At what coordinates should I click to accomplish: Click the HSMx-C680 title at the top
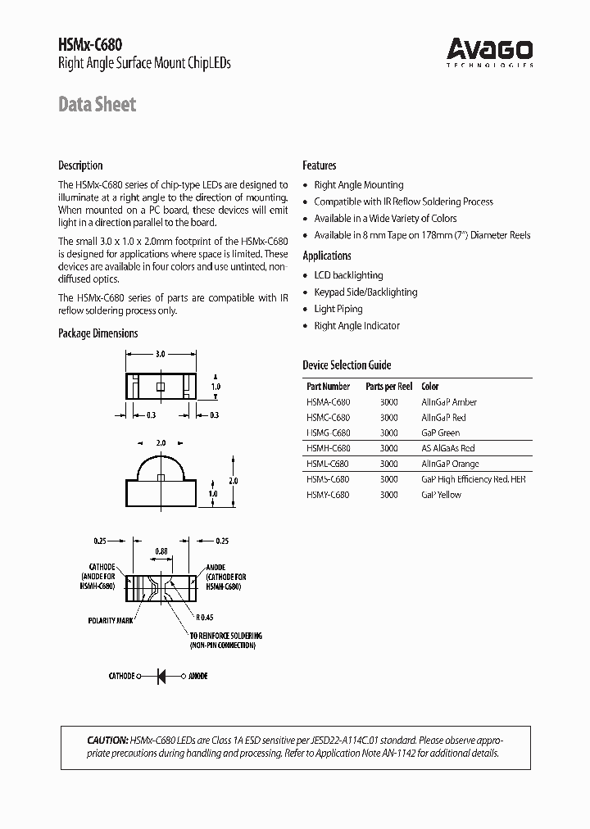click(x=90, y=47)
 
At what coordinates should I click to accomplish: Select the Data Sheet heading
click(x=97, y=104)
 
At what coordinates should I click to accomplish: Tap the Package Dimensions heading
click(x=98, y=333)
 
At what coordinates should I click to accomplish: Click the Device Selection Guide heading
click(x=347, y=365)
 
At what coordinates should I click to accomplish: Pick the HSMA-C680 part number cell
click(x=328, y=402)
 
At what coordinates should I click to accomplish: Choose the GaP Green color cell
click(x=440, y=433)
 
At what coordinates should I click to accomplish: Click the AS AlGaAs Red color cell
click(x=447, y=448)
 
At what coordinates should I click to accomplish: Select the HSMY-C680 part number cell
click(x=328, y=495)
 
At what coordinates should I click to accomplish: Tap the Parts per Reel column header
click(x=388, y=386)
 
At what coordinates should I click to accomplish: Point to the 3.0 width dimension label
click(x=161, y=354)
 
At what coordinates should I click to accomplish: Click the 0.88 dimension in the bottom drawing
click(x=161, y=551)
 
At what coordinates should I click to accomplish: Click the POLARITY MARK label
click(x=110, y=621)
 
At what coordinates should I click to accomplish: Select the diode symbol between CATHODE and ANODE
click(x=161, y=676)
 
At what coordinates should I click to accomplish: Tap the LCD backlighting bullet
click(x=348, y=275)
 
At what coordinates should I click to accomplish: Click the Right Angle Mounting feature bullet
click(x=358, y=185)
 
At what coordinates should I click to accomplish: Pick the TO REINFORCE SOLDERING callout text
click(x=225, y=636)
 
